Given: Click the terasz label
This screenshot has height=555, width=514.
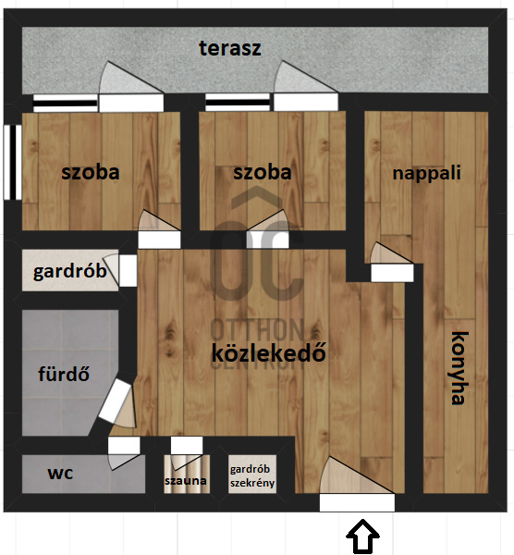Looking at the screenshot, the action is [x=230, y=48].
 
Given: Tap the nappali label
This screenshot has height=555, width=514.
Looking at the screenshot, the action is [x=426, y=174].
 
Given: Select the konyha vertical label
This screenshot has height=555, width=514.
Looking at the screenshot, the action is [x=459, y=368].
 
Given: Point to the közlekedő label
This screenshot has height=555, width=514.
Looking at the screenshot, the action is [x=268, y=352].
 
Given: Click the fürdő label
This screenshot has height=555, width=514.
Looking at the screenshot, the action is [x=64, y=374].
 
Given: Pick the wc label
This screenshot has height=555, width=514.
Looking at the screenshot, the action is [x=60, y=474].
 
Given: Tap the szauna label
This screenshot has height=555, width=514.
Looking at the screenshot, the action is [x=186, y=481].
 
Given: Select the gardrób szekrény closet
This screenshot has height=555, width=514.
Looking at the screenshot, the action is [x=252, y=475].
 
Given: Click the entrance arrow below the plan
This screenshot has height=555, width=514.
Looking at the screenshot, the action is [x=362, y=536].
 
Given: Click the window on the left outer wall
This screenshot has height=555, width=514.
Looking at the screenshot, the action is [x=13, y=162].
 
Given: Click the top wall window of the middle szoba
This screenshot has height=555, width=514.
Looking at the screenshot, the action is [x=238, y=103].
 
